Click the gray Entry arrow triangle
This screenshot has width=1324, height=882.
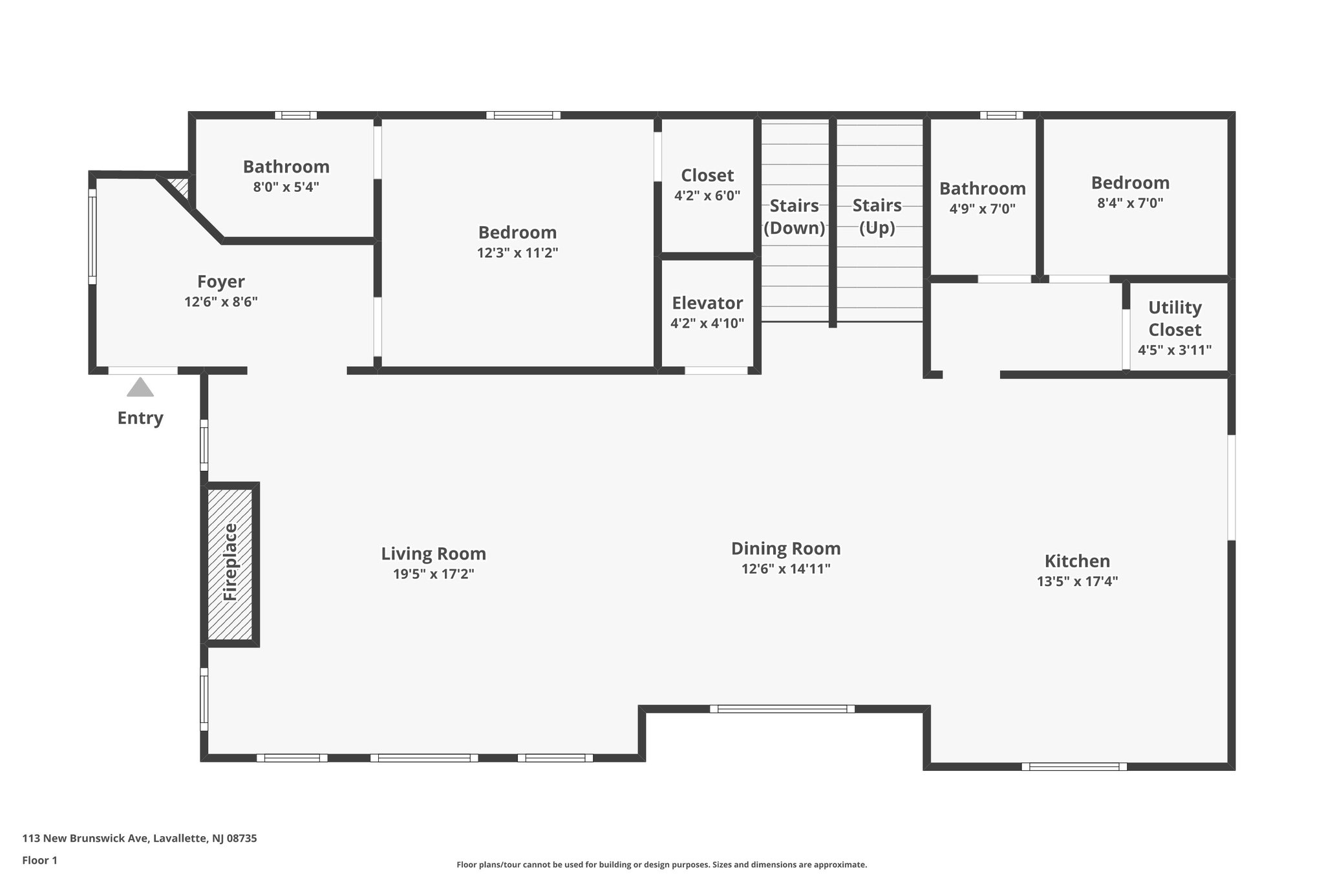click(140, 388)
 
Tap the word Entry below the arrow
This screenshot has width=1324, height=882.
click(140, 418)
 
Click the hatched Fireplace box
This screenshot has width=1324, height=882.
click(230, 564)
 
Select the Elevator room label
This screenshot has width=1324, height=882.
click(707, 303)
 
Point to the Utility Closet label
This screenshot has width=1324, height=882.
click(1175, 319)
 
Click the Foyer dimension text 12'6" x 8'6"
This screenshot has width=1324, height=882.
click(221, 302)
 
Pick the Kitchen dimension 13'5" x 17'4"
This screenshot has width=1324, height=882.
click(1077, 581)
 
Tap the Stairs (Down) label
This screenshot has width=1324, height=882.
click(794, 217)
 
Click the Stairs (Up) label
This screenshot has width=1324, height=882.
click(877, 216)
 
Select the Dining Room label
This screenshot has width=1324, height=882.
click(785, 549)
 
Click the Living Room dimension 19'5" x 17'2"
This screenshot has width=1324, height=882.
click(433, 574)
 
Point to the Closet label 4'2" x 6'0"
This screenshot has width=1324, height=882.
click(707, 176)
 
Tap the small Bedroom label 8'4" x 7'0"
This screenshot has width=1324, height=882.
click(1130, 183)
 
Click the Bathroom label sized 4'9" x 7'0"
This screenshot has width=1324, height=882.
click(982, 189)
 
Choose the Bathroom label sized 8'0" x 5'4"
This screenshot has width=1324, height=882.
click(286, 167)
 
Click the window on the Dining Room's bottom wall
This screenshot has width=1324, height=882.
click(782, 709)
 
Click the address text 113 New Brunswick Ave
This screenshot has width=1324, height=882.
click(140, 839)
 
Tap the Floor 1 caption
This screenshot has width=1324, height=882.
click(40, 860)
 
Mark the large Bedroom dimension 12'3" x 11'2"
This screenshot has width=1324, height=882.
click(517, 253)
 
